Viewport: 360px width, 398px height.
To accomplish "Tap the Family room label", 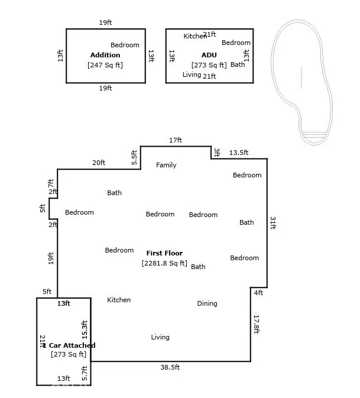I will pyautogui.click(x=166, y=165).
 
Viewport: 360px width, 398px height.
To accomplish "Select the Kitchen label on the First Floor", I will pyautogui.click(x=119, y=300).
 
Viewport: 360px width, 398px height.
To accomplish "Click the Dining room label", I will pyautogui.click(x=207, y=303).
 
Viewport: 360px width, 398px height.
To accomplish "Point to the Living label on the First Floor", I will pyautogui.click(x=160, y=337).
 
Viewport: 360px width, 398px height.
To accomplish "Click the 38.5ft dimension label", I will pyautogui.click(x=170, y=367).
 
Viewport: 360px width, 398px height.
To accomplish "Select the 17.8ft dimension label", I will pyautogui.click(x=257, y=324).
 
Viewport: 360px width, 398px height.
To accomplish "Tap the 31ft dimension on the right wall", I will pyautogui.click(x=273, y=223).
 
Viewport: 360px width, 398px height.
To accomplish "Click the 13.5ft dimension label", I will pyautogui.click(x=238, y=153).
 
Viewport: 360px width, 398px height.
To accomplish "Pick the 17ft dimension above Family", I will pyautogui.click(x=176, y=140).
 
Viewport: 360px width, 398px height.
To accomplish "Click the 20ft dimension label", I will pyautogui.click(x=99, y=163).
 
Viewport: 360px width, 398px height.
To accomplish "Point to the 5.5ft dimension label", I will pyautogui.click(x=134, y=157).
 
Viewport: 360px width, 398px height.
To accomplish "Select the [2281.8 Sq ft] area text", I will pyautogui.click(x=164, y=263).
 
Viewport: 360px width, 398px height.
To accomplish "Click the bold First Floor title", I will pyautogui.click(x=164, y=253).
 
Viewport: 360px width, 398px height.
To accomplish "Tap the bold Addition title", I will pyautogui.click(x=105, y=55).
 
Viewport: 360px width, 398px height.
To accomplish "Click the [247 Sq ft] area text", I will pyautogui.click(x=105, y=65).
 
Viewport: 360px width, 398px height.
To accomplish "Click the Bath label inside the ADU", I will pyautogui.click(x=238, y=64).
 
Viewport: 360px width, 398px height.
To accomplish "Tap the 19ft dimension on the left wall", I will pyautogui.click(x=51, y=258).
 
